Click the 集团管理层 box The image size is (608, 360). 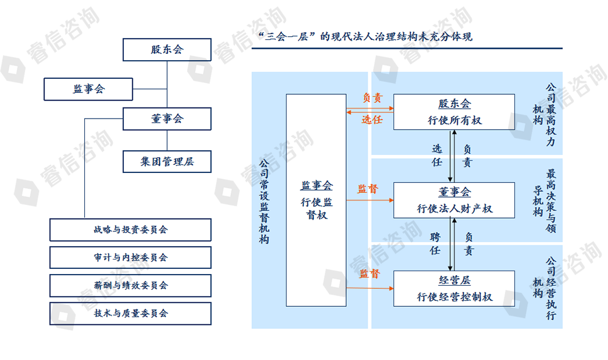[x=167, y=161]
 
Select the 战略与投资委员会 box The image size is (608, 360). [x=130, y=230]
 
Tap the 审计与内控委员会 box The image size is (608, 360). [x=130, y=257]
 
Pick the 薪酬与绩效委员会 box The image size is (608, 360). [x=130, y=285]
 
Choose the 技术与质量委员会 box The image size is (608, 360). [x=130, y=313]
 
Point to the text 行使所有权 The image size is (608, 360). [x=454, y=120]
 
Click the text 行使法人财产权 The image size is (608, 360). [x=454, y=209]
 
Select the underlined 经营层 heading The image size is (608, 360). [x=454, y=279]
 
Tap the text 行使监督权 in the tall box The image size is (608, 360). [x=316, y=209]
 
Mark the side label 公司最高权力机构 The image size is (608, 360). [x=544, y=114]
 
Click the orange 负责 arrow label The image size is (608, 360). [x=372, y=98]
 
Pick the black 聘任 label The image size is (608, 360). [x=435, y=244]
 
